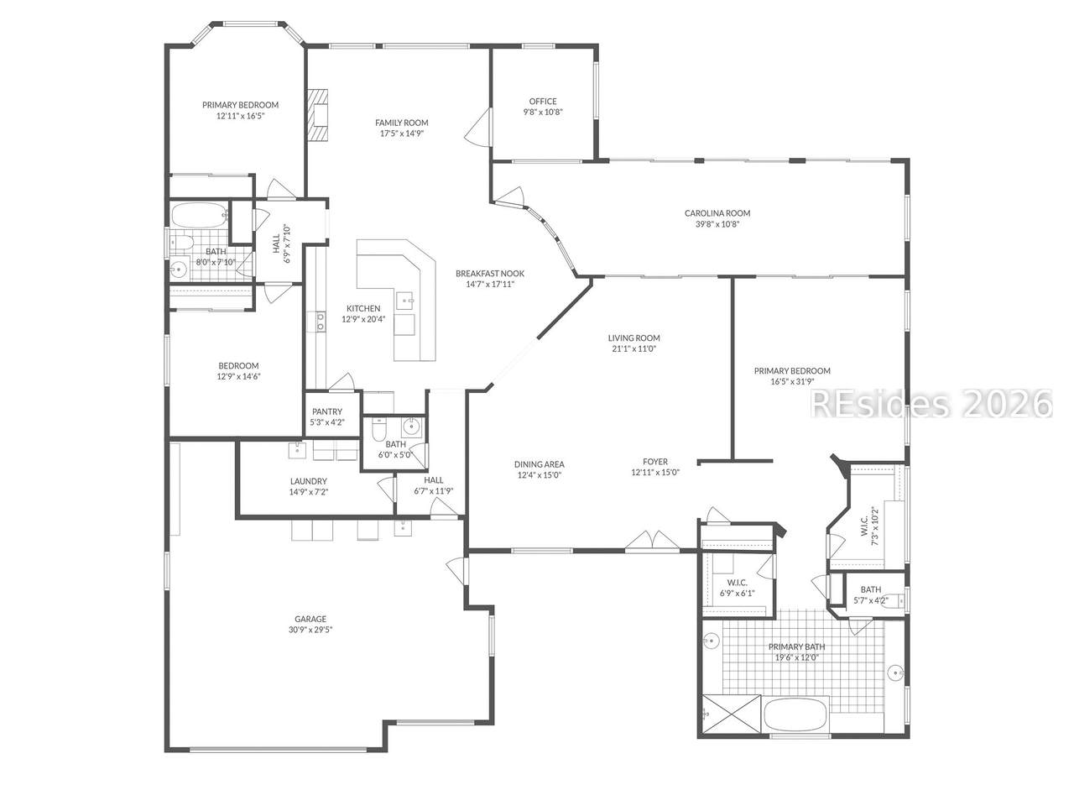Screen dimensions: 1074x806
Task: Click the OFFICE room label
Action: click(x=543, y=102)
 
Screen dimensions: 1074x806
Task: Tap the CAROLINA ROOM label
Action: click(x=717, y=213)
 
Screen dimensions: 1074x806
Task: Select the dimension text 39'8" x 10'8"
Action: click(x=717, y=225)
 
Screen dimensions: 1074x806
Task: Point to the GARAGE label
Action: click(x=310, y=619)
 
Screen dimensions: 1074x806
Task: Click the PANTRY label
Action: click(x=327, y=411)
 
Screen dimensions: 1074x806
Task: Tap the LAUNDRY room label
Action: click(x=308, y=482)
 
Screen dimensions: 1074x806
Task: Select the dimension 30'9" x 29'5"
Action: click(x=310, y=631)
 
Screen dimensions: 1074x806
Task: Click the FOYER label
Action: click(x=655, y=462)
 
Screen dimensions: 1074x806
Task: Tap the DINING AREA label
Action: click(x=540, y=464)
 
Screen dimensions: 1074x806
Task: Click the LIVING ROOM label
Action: click(x=633, y=338)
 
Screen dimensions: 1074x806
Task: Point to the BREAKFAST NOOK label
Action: click(x=490, y=274)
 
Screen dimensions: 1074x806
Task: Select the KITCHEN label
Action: click(x=363, y=308)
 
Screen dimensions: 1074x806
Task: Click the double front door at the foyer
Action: click(x=652, y=541)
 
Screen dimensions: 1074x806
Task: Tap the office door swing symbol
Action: click(x=478, y=126)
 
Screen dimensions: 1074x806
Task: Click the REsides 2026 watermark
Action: click(x=931, y=403)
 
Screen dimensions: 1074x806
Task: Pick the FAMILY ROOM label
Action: click(x=402, y=123)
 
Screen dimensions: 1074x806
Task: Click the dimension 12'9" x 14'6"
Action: click(x=239, y=377)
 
